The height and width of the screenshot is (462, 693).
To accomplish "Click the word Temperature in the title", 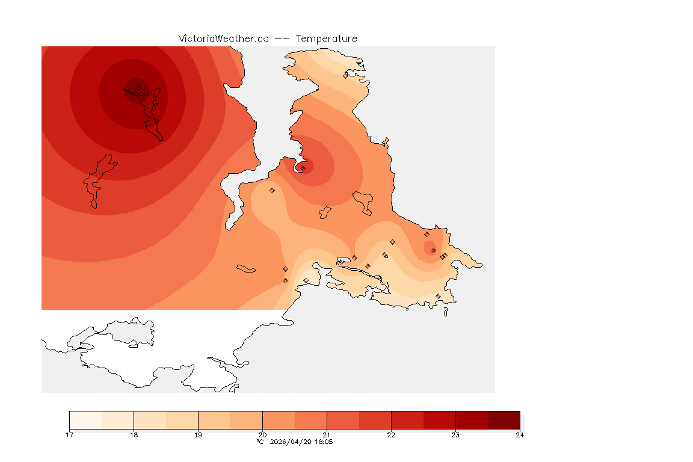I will [x=326, y=38].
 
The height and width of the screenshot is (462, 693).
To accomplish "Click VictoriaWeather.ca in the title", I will [x=223, y=38].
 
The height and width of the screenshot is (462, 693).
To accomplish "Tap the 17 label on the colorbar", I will [x=70, y=435].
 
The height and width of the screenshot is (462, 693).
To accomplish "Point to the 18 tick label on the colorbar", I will [x=134, y=435].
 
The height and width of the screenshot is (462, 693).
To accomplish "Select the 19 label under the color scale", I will [x=198, y=435].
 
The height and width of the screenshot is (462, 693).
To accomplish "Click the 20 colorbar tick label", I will [x=262, y=435].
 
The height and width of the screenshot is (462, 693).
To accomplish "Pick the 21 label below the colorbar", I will [x=327, y=435].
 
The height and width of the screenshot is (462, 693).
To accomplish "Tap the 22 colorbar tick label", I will [x=391, y=435].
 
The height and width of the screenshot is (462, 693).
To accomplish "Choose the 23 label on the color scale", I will [x=455, y=435].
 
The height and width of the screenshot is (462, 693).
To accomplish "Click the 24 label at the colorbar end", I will [x=519, y=435].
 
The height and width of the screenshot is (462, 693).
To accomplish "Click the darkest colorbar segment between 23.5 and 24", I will [x=504, y=419].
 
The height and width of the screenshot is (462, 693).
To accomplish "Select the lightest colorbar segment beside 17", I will [x=85, y=419].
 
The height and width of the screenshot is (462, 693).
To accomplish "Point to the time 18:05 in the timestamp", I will [x=324, y=442].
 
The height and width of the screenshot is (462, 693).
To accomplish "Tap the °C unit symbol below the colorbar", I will [x=260, y=442].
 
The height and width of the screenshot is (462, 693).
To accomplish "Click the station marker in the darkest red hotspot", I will [x=138, y=88].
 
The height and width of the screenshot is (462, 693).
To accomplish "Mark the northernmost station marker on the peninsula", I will [x=345, y=76].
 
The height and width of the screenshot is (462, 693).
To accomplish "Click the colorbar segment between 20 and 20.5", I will [x=279, y=419].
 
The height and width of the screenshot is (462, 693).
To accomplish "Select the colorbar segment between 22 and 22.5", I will [x=407, y=419].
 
